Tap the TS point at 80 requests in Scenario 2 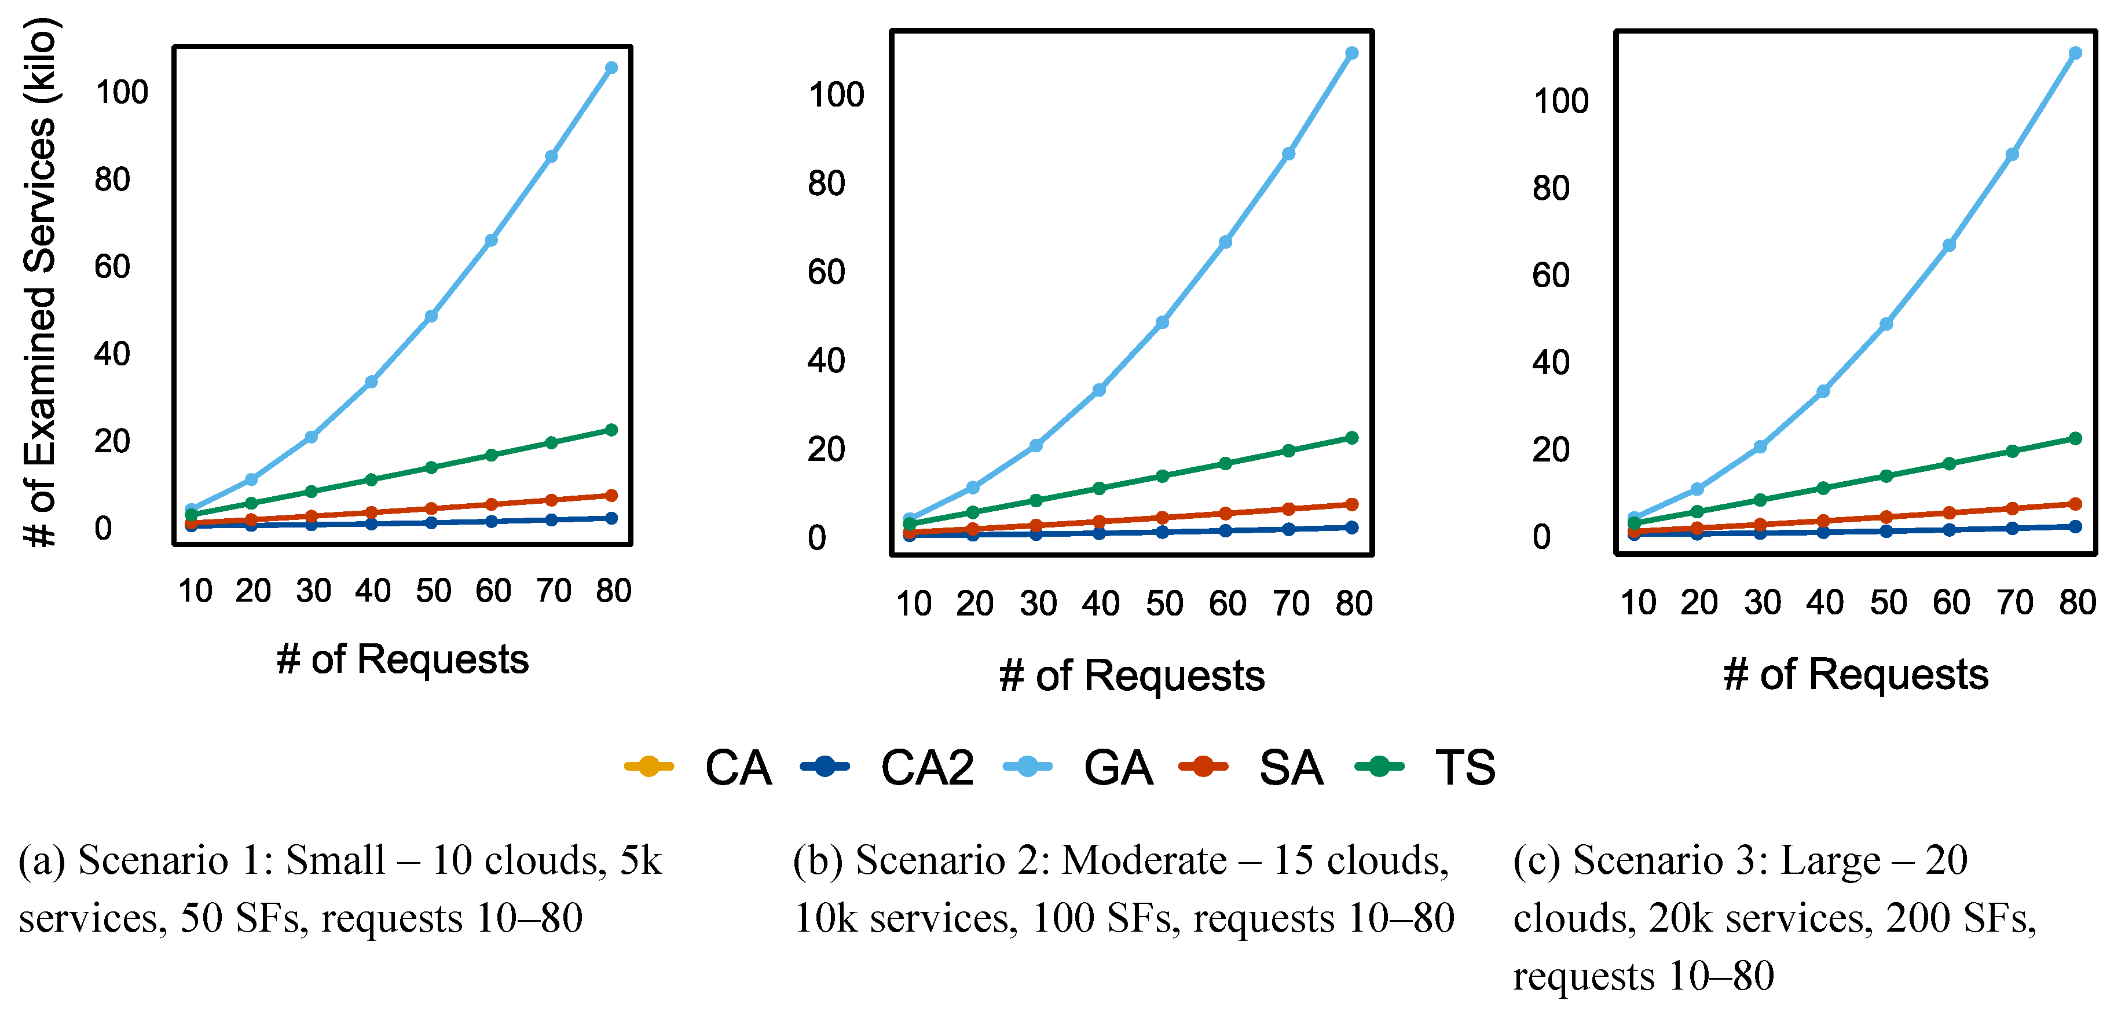(1351, 438)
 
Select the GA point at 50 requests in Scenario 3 (1886, 324)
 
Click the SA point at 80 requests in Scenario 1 (610, 496)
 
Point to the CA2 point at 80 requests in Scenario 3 (2075, 527)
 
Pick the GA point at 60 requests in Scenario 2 (1225, 242)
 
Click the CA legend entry (698, 768)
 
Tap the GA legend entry (1078, 768)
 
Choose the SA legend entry (1251, 768)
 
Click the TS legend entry (1426, 768)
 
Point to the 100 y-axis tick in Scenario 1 (122, 92)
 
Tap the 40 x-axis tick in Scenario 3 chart (1824, 603)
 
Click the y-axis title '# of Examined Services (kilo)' (39, 281)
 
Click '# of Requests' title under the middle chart (1131, 676)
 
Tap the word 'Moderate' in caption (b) (1144, 860)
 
